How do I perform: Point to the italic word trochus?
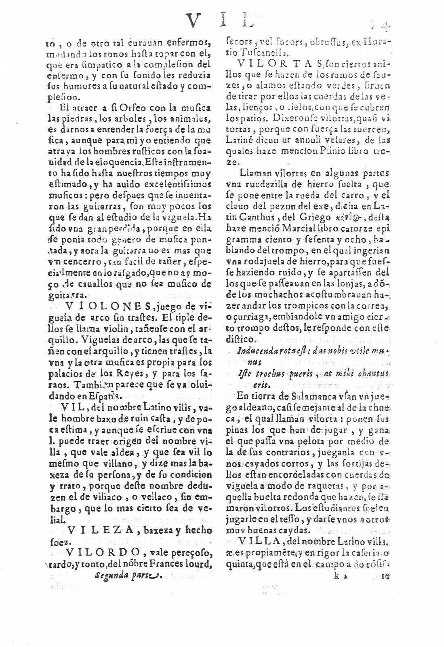(x=270, y=372)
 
